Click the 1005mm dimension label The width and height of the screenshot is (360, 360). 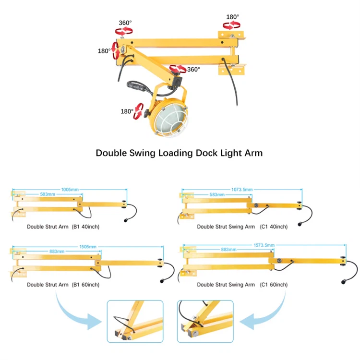click(x=71, y=189)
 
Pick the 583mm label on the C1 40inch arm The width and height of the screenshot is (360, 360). click(x=217, y=194)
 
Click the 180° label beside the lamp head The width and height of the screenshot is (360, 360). click(x=127, y=111)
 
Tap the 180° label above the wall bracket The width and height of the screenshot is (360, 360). click(x=233, y=17)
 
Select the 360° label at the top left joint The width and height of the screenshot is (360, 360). click(x=125, y=23)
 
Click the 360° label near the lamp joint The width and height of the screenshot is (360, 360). click(x=193, y=70)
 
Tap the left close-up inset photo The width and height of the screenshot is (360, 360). click(x=135, y=321)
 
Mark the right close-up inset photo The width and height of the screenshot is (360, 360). click(x=205, y=321)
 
